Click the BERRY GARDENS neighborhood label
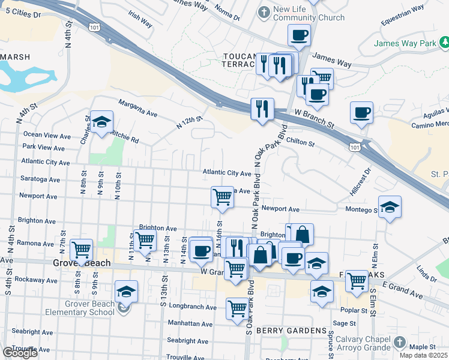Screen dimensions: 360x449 (282, 331)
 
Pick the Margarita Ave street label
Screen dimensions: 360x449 (137, 108)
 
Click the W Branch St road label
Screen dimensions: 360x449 (313, 119)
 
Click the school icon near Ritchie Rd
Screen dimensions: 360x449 (102, 122)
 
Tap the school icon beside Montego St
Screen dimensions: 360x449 (390, 206)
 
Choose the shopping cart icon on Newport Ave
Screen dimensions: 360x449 (222, 196)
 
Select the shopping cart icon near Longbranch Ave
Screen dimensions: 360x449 (237, 308)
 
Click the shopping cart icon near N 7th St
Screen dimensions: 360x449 (81, 248)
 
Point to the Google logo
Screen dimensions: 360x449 (20, 353)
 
